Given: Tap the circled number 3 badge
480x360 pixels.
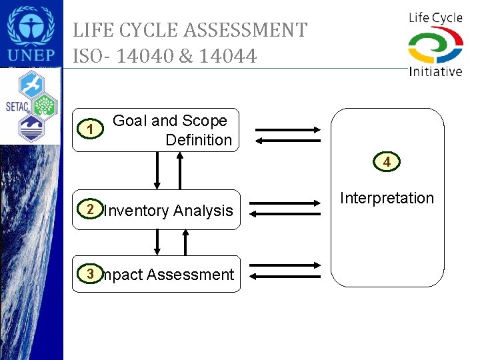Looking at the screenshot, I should pos(89,273).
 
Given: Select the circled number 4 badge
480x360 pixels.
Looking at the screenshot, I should pos(387,161).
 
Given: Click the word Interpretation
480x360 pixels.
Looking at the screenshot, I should pos(387,198).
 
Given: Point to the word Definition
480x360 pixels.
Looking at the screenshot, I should pos(199,140).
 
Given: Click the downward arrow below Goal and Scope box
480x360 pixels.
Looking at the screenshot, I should pos(158,171).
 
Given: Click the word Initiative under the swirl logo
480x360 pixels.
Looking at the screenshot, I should pos(435,71).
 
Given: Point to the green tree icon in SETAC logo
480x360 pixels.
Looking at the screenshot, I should pos(44,104).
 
